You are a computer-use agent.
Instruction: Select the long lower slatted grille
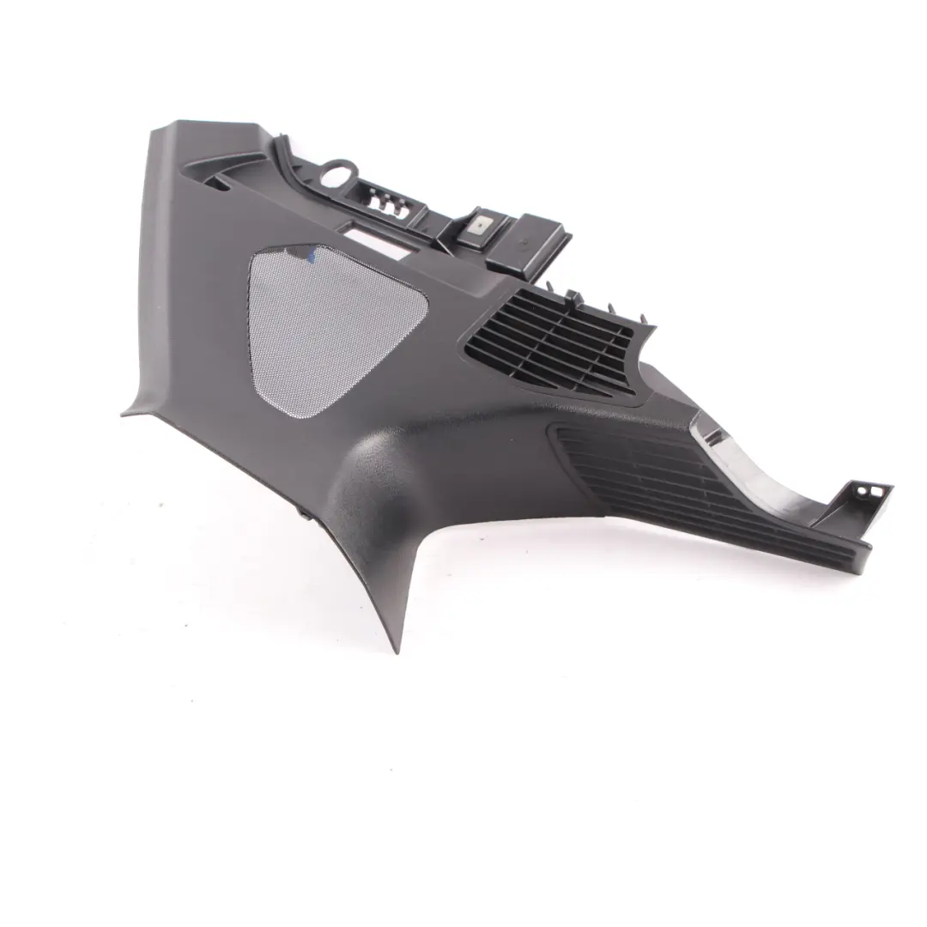tap(687, 485)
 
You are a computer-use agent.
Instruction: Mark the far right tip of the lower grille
tap(869, 544)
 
